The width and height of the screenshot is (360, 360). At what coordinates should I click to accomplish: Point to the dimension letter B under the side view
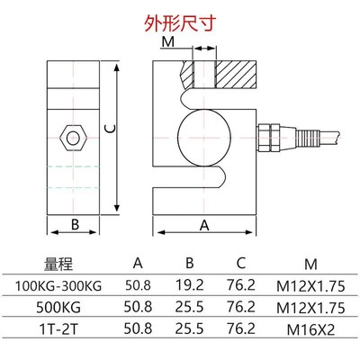(x=76, y=223)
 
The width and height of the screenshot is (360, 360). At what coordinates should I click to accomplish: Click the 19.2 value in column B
(x=189, y=286)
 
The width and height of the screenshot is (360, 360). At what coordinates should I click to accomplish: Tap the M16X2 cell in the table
(x=310, y=328)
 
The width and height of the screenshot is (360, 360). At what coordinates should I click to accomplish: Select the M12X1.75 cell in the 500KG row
(x=310, y=307)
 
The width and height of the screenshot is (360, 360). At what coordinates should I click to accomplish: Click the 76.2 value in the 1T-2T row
(x=239, y=328)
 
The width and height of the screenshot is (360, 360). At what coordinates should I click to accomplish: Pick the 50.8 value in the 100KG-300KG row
(x=138, y=286)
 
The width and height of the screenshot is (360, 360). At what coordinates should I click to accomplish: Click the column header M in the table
(x=310, y=264)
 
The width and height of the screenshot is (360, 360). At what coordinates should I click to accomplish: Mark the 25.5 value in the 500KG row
(x=189, y=307)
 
